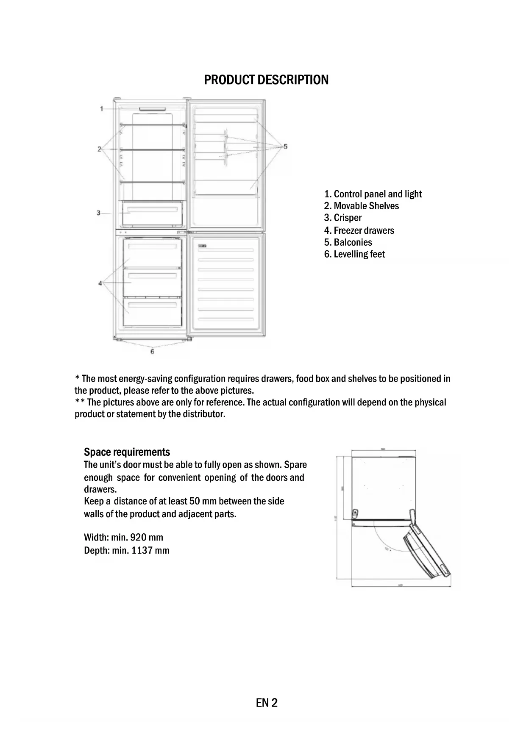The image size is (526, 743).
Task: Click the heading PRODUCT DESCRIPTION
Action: pyautogui.click(x=266, y=80)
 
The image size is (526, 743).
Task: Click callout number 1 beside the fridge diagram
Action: pyautogui.click(x=102, y=109)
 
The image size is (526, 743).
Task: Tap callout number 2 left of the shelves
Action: pyautogui.click(x=99, y=149)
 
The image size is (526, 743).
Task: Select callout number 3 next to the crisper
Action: pyautogui.click(x=98, y=213)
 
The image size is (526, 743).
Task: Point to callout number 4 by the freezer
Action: pyautogui.click(x=100, y=283)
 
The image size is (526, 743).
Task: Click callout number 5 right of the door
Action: pyautogui.click(x=285, y=147)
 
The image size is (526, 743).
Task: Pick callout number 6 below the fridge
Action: pyautogui.click(x=152, y=351)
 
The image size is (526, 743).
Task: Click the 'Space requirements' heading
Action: pyautogui.click(x=127, y=452)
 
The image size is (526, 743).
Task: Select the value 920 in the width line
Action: pyautogui.click(x=139, y=538)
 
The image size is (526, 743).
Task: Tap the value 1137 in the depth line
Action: pyautogui.click(x=142, y=551)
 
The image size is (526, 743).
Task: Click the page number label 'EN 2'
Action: pyautogui.click(x=267, y=703)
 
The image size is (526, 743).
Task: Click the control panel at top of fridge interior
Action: pyautogui.click(x=151, y=109)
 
